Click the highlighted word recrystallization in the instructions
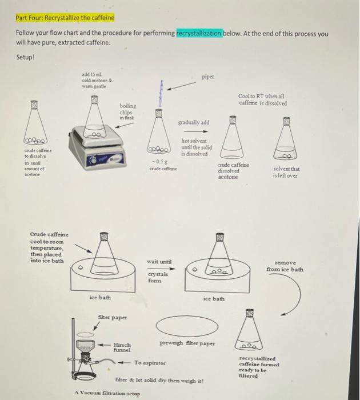(x=199, y=34)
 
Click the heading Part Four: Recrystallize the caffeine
(x=65, y=18)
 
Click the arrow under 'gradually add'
(x=194, y=131)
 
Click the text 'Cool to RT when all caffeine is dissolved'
(x=263, y=100)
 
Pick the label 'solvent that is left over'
(x=287, y=173)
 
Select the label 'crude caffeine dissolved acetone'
(x=233, y=170)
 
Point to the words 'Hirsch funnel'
(x=122, y=347)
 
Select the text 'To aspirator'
(x=150, y=363)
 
